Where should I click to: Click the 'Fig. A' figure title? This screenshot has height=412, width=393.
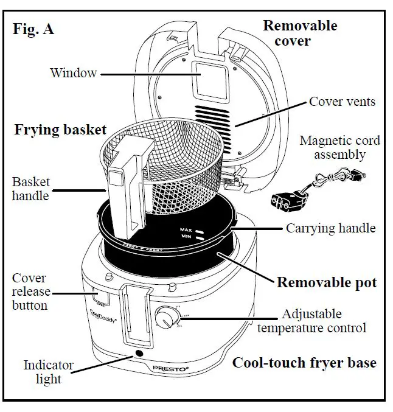pyautogui.click(x=33, y=29)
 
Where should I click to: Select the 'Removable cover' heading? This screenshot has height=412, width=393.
pyautogui.click(x=299, y=33)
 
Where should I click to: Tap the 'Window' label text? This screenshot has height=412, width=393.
pyautogui.click(x=73, y=74)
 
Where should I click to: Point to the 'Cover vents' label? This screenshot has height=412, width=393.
pyautogui.click(x=342, y=102)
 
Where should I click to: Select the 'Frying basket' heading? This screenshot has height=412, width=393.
pyautogui.click(x=60, y=130)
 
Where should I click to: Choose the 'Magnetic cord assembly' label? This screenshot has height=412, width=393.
pyautogui.click(x=340, y=147)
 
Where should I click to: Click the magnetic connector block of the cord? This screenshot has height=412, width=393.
pyautogui.click(x=285, y=200)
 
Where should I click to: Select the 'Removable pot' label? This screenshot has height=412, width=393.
pyautogui.click(x=327, y=282)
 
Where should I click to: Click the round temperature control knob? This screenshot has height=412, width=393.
pyautogui.click(x=164, y=318)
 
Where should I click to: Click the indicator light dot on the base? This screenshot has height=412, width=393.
pyautogui.click(x=139, y=354)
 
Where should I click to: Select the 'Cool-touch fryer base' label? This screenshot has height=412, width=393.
pyautogui.click(x=304, y=363)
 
